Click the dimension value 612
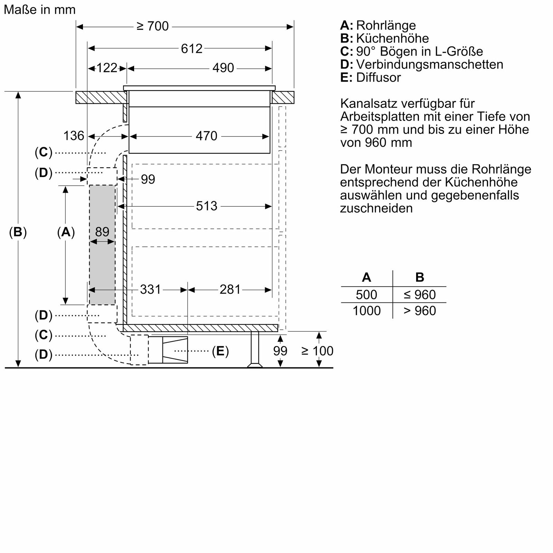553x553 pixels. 191,49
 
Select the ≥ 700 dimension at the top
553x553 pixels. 152,26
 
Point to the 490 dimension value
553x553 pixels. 223,68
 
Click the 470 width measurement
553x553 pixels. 206,136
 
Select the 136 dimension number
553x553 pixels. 74,136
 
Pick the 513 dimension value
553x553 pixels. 206,206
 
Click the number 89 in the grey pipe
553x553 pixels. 102,232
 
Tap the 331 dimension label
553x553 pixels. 150,289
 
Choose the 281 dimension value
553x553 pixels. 230,289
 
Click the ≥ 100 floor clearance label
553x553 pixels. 317,351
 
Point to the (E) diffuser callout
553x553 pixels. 220,351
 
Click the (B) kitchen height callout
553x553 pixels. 18,232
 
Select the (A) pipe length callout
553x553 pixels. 66,232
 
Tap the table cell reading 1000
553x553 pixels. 366,310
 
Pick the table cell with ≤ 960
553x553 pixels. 420,294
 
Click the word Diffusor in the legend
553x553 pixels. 378,77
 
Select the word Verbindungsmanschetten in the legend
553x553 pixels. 429,64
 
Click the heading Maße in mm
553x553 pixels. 40,10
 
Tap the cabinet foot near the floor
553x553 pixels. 255,349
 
